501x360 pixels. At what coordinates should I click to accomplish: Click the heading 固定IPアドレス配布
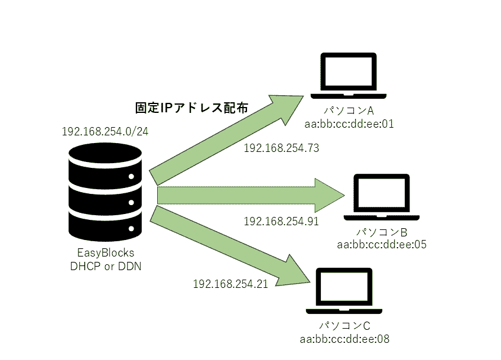[191, 108]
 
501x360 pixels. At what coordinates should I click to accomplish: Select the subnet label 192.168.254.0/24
[105, 131]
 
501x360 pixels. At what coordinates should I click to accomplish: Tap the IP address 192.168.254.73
[281, 148]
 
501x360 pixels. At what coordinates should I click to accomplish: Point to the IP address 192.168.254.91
[281, 221]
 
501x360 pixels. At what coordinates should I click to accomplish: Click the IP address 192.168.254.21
[230, 284]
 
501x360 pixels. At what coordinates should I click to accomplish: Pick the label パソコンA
[349, 111]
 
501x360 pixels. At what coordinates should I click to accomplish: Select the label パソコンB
[382, 232]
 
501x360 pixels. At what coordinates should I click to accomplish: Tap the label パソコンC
[345, 326]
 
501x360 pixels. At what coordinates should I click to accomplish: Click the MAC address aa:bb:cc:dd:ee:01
[349, 124]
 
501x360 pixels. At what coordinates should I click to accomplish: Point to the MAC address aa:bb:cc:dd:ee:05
[382, 245]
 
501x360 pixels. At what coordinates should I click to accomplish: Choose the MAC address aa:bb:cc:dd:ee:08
[345, 339]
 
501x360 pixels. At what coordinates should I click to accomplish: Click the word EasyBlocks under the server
[106, 253]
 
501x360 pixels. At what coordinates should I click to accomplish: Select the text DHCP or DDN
[106, 267]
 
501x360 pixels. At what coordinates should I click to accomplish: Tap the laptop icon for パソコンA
[349, 76]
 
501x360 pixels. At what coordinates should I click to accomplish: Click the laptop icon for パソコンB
[382, 197]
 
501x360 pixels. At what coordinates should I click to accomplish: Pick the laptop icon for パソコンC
[344, 291]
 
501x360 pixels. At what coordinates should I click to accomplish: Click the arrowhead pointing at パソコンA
[289, 106]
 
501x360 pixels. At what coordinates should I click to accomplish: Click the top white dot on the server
[131, 177]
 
